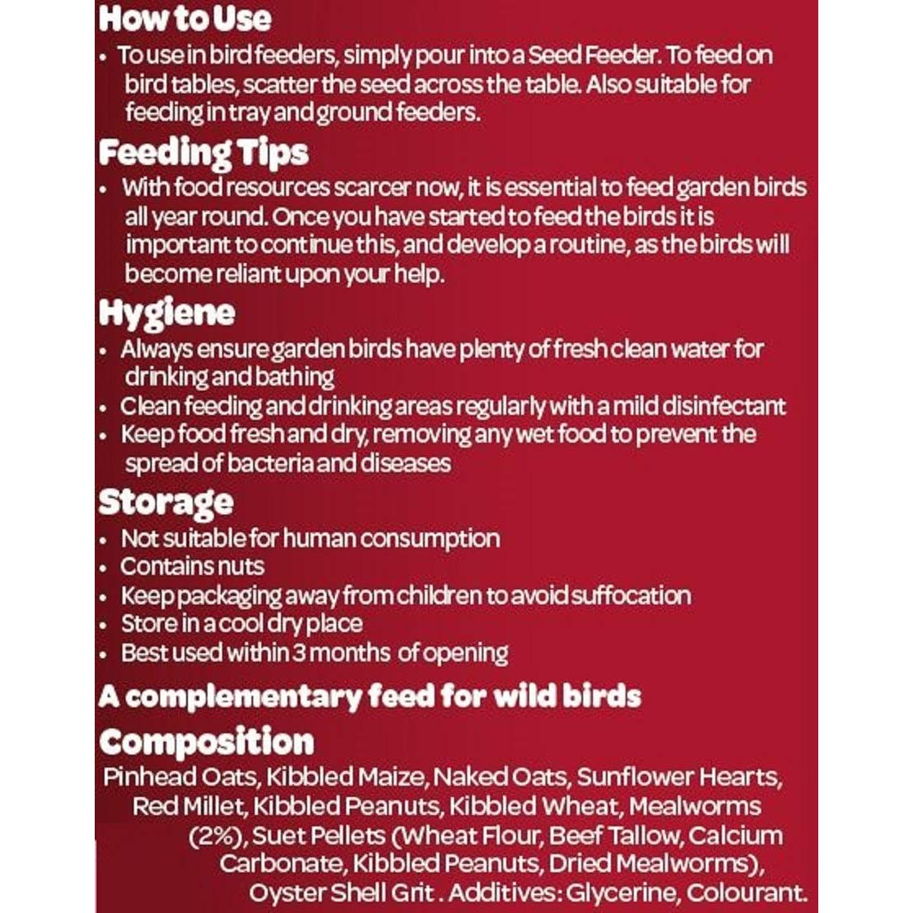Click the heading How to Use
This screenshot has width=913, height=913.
(185, 18)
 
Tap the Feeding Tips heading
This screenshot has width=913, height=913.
(203, 153)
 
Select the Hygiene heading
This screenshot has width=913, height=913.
(167, 313)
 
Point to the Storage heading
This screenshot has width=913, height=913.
(166, 502)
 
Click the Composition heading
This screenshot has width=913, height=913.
(207, 742)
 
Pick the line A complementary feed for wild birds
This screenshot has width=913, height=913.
(369, 697)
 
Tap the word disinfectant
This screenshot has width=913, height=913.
(724, 406)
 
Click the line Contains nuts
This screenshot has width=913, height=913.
(192, 567)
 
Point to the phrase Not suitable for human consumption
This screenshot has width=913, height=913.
(310, 539)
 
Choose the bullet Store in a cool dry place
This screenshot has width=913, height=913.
(242, 624)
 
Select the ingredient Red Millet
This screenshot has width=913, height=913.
(188, 806)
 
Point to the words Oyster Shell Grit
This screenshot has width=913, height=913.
(344, 892)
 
